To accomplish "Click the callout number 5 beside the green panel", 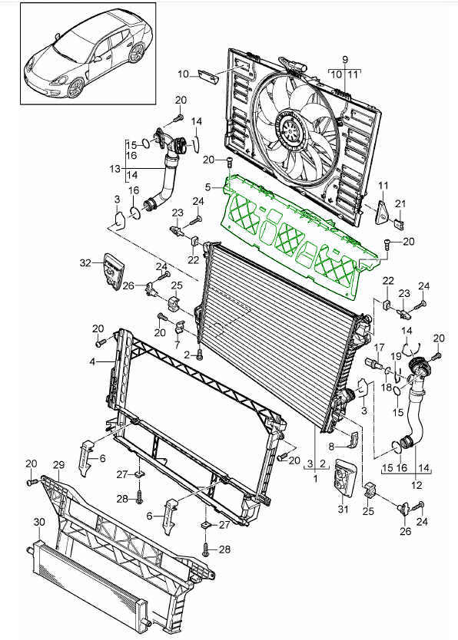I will point(207,186).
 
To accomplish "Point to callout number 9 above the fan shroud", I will point(345,60).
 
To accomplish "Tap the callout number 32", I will point(84,262).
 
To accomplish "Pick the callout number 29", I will point(57,465).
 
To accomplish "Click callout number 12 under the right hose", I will point(417,484).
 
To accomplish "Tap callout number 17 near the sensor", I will point(378,348).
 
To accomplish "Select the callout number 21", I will point(399,203).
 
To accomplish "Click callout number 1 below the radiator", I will point(316,477).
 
